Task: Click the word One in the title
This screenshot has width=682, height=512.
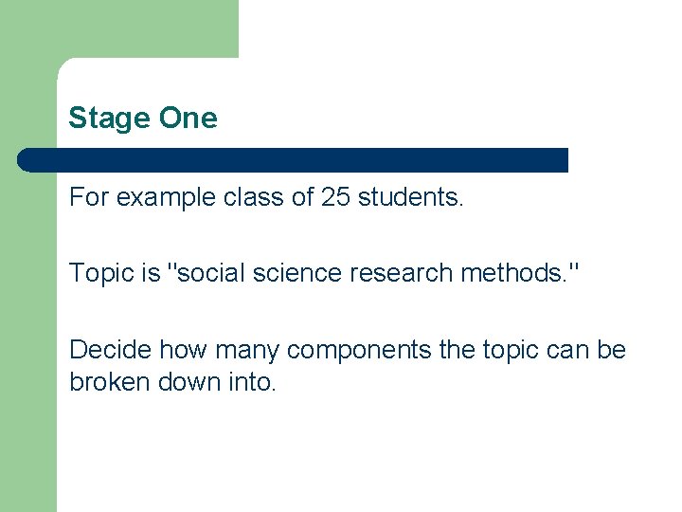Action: click(188, 119)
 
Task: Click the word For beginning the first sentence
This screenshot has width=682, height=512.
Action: click(87, 198)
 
